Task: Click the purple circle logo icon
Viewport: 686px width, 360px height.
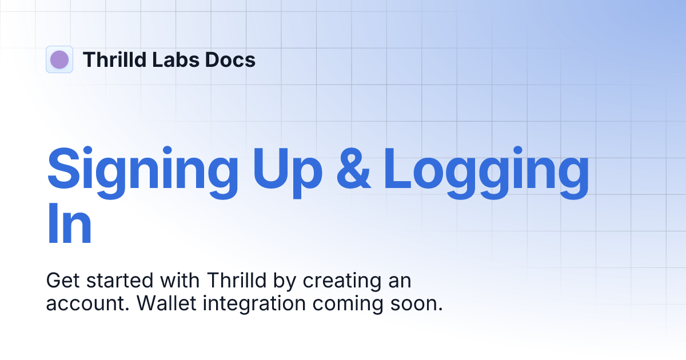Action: point(59,59)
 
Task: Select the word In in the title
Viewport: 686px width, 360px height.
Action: point(69,226)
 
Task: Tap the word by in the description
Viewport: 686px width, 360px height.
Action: point(287,281)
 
